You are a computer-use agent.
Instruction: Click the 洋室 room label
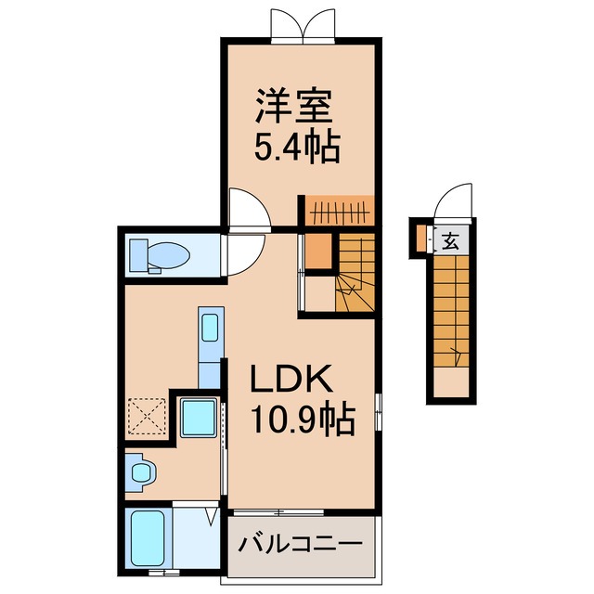[x=293, y=108]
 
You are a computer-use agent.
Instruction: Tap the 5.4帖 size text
[x=296, y=146]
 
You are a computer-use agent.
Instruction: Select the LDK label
[x=289, y=381]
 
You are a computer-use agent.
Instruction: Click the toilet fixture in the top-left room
[x=158, y=253]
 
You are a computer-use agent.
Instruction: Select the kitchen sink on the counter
[x=209, y=328]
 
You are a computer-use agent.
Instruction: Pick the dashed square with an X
[x=148, y=416]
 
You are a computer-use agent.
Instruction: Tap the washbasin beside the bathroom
[x=140, y=473]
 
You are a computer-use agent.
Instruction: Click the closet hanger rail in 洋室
[x=338, y=210]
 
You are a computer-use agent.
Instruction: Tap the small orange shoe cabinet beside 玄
[x=422, y=240]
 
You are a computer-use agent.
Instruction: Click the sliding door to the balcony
[x=278, y=511]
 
